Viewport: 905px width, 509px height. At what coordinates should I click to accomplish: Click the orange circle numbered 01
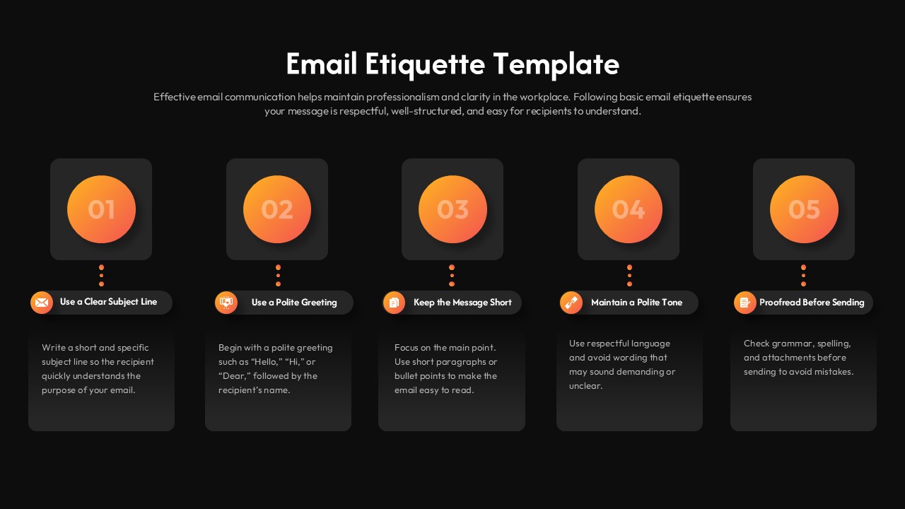101,209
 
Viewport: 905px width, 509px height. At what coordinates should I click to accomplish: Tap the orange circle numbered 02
277,209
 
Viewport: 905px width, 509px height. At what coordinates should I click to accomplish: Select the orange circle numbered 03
452,209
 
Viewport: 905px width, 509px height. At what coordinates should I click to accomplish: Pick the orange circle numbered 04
629,209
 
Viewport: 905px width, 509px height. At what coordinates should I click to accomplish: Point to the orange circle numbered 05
804,209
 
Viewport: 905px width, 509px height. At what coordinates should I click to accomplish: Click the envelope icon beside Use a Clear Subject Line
42,303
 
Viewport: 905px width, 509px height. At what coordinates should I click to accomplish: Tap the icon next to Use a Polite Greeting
226,303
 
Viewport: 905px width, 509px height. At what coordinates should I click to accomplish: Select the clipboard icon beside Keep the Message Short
394,303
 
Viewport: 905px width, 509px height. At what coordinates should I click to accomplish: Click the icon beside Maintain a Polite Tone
571,303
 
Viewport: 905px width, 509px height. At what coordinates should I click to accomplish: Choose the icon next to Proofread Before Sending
745,303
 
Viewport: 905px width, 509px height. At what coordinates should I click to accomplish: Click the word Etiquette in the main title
425,64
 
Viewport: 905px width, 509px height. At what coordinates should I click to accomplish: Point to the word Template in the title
556,64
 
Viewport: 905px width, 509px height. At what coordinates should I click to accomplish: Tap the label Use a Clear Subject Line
108,302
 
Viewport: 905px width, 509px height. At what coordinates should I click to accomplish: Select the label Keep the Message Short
462,303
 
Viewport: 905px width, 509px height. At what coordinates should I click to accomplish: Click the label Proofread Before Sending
812,303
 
